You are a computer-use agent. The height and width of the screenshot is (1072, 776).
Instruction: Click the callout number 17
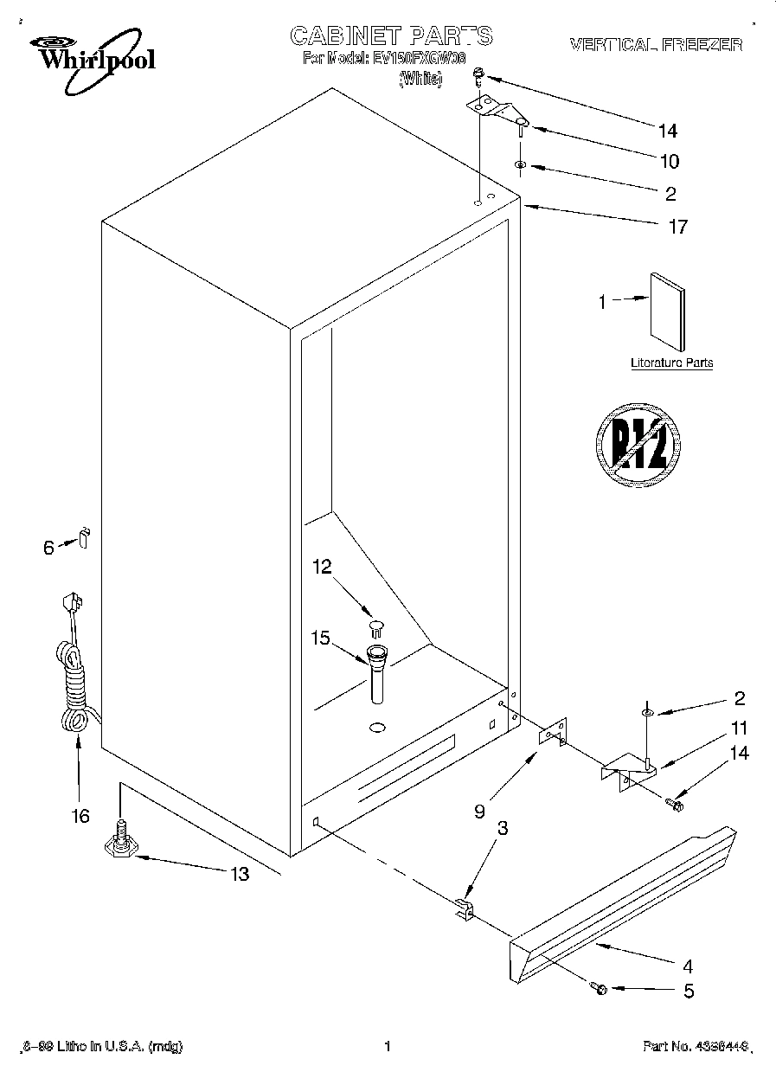[x=677, y=227]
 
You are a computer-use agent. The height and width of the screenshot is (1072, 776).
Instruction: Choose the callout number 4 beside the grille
[x=688, y=966]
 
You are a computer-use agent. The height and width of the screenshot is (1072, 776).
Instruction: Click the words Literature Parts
[x=671, y=363]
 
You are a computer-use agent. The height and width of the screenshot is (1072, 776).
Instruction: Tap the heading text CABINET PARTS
[x=391, y=35]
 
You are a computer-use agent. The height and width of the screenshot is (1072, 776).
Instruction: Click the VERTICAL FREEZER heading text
[x=655, y=44]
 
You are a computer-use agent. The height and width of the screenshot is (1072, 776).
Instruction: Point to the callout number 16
[x=80, y=816]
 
